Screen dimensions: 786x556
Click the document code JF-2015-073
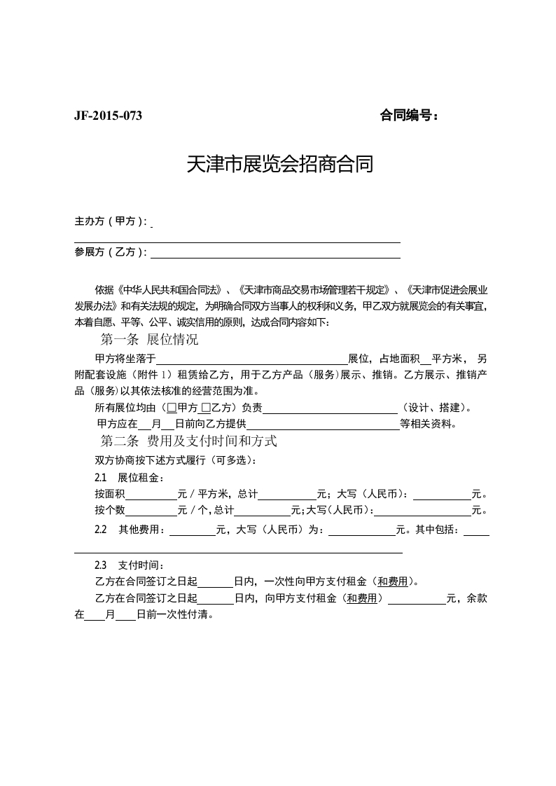point(108,116)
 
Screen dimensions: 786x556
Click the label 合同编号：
point(410,116)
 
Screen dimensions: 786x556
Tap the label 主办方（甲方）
point(111,221)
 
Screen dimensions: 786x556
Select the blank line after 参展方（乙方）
point(275,253)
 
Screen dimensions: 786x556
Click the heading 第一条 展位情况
point(150,340)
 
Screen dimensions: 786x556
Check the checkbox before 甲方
point(172,408)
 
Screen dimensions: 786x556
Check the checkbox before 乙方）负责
point(205,408)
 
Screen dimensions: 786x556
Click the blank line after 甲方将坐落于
point(251,358)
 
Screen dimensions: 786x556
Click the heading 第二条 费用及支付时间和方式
point(189,441)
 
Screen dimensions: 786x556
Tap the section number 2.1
point(100,478)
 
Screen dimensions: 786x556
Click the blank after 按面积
point(151,495)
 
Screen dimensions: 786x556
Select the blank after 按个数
point(151,511)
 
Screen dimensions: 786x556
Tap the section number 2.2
point(100,530)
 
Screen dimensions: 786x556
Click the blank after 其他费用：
point(193,531)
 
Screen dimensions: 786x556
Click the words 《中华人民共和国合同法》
point(170,289)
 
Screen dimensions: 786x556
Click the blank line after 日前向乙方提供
point(323,425)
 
